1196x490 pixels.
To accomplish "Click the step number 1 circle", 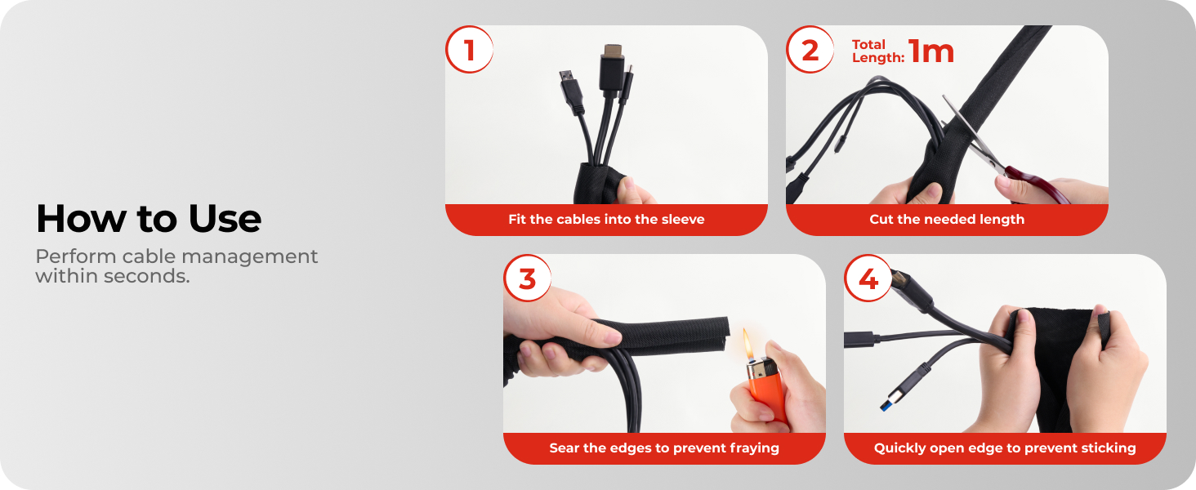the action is [469, 49].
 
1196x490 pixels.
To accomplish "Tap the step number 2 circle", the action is [810, 49].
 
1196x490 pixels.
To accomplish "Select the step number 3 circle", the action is [527, 278].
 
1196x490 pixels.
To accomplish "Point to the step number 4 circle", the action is [868, 278].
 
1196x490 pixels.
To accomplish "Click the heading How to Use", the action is [149, 218].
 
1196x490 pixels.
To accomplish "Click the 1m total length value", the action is [930, 51].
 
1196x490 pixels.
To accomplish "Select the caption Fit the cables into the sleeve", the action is [606, 220].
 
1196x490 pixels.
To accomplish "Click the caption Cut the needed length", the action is [947, 220].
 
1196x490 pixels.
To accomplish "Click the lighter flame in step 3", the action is [748, 345].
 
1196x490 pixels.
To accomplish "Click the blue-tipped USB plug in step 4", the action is [902, 388].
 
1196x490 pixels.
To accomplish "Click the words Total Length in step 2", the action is [877, 51].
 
